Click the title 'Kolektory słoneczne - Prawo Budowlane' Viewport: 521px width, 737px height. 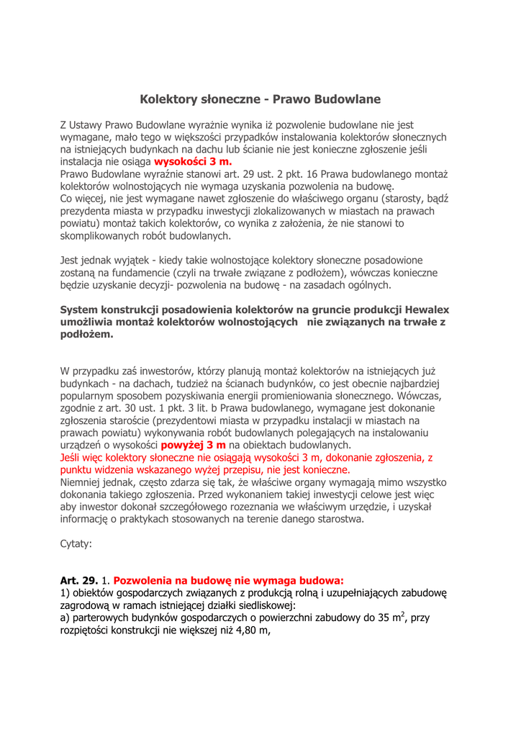coord(260,99)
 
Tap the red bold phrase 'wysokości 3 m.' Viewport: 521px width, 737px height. coord(193,162)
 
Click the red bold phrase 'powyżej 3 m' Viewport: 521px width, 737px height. coord(193,445)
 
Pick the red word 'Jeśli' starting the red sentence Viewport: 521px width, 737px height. coord(72,457)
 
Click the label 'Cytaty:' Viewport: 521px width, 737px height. coord(76,543)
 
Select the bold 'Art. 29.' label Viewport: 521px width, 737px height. coord(78,580)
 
